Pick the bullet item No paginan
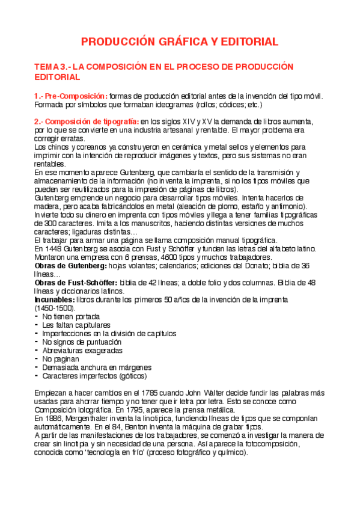pos(60,358)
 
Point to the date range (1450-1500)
pos(54,307)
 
